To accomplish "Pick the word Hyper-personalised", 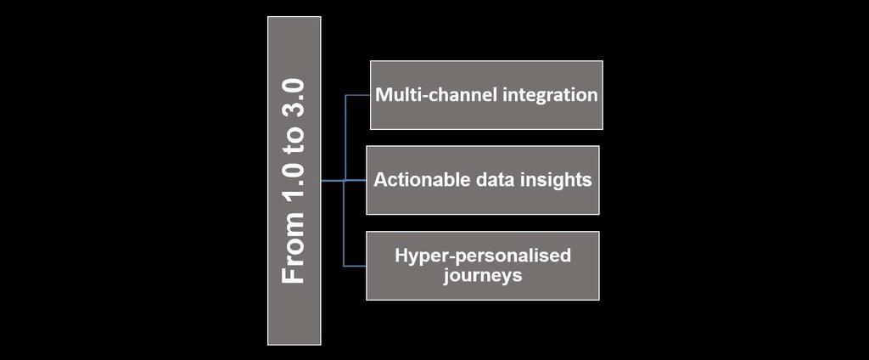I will point(483,256).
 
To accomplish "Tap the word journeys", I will point(482,276).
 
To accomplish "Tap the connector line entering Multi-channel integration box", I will point(357,95).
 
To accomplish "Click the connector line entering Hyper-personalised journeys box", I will point(355,266).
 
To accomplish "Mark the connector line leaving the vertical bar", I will point(332,181).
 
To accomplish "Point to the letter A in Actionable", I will point(380,180).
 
